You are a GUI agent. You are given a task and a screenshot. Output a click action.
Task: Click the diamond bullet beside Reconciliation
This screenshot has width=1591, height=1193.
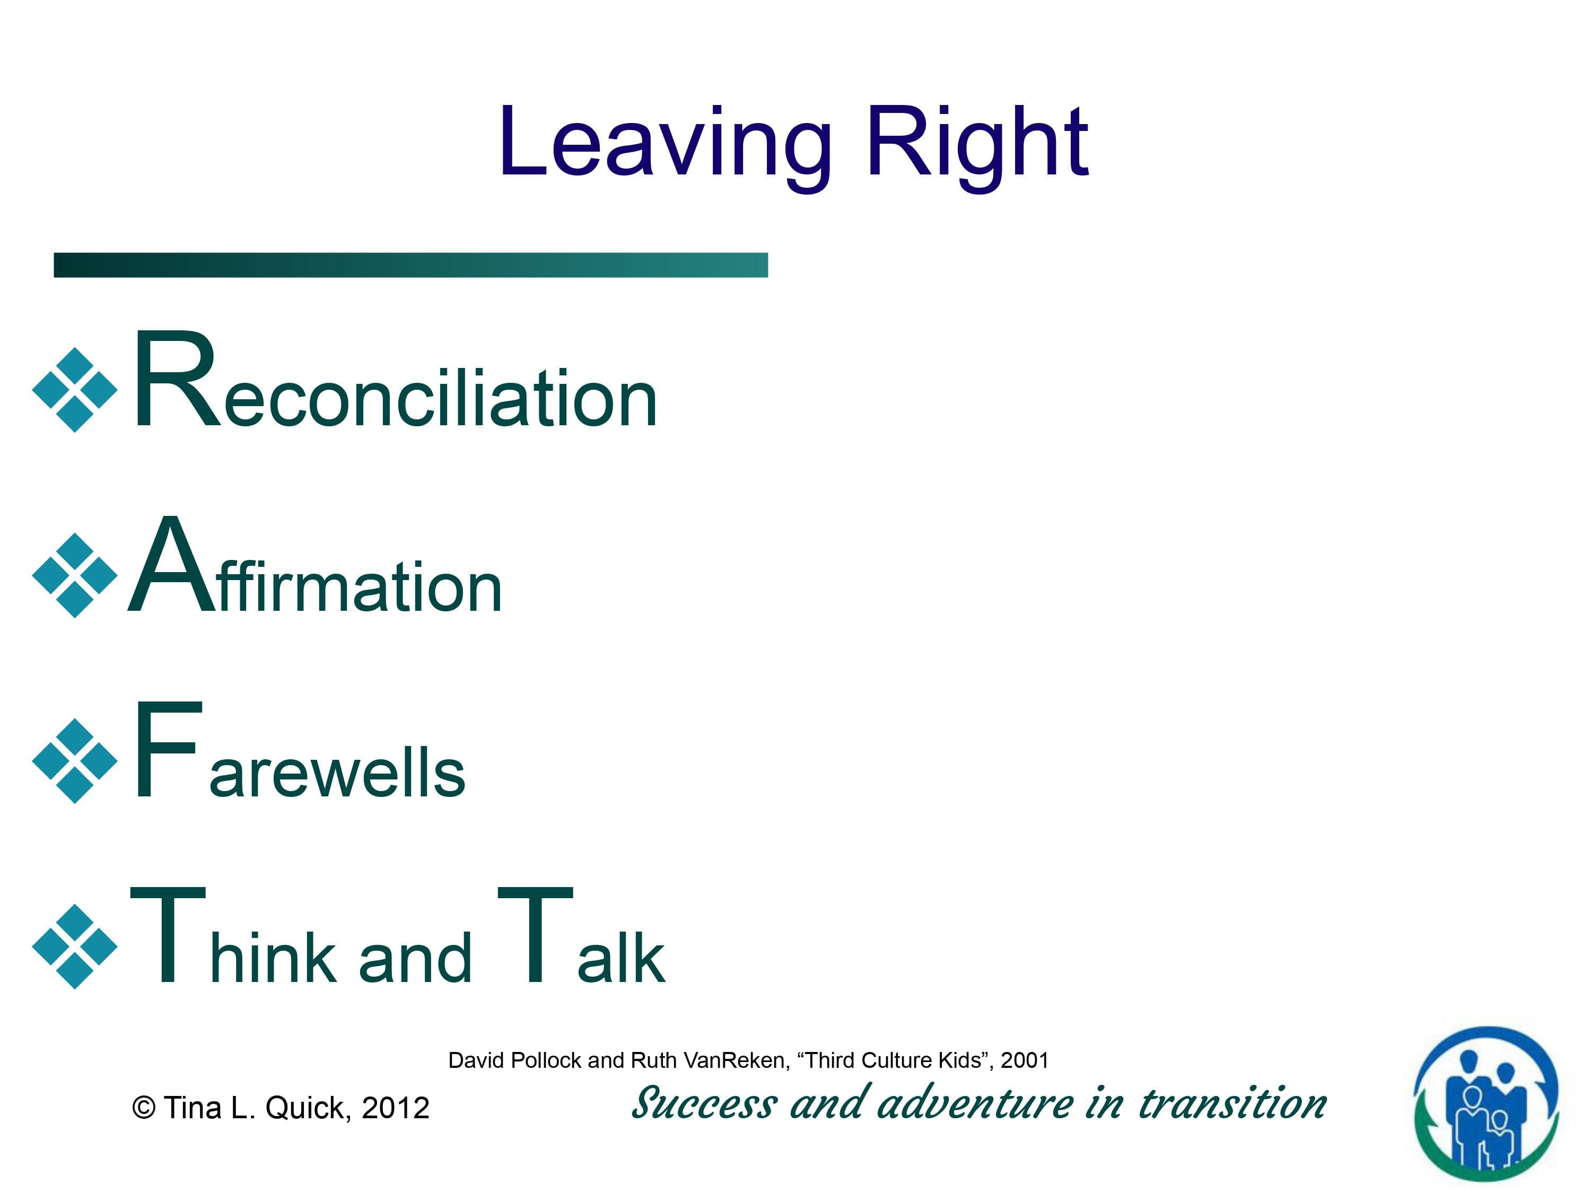75,390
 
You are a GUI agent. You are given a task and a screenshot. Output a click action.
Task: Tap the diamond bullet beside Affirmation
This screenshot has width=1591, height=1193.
75,575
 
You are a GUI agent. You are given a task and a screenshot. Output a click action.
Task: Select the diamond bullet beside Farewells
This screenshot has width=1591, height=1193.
75,761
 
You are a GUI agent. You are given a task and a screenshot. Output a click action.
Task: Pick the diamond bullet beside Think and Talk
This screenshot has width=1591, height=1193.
75,946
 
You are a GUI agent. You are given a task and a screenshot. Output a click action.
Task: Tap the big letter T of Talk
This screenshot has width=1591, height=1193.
535,934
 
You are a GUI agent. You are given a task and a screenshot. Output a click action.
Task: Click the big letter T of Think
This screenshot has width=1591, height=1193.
168,934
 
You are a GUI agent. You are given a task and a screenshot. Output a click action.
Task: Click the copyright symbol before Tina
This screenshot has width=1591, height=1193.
144,1108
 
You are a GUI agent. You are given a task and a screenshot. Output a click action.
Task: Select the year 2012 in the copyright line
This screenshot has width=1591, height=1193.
396,1108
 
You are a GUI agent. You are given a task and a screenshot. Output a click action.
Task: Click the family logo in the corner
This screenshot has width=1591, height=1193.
1486,1104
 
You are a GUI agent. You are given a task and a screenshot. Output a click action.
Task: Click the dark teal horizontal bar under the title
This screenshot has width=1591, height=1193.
410,265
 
